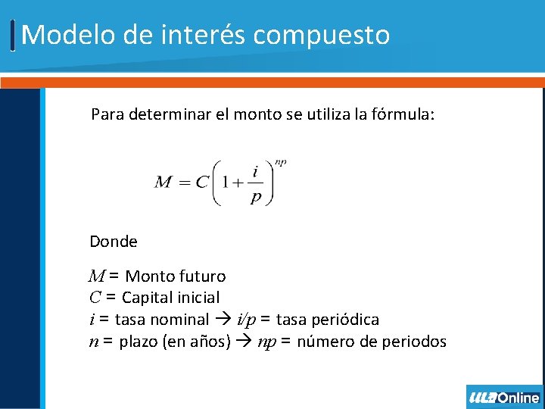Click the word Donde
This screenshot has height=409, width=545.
pyautogui.click(x=114, y=242)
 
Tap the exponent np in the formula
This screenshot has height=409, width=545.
pyautogui.click(x=280, y=161)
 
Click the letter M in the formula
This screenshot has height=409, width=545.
pyautogui.click(x=163, y=182)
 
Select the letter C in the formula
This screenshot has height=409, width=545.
pyautogui.click(x=202, y=182)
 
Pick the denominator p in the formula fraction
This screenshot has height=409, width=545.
pyautogui.click(x=257, y=196)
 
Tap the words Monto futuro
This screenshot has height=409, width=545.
pyautogui.click(x=175, y=276)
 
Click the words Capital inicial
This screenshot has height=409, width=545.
pyautogui.click(x=170, y=298)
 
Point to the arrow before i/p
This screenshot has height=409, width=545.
pyautogui.click(x=224, y=320)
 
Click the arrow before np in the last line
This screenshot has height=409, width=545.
pyautogui.click(x=244, y=342)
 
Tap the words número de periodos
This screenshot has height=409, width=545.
pyautogui.click(x=372, y=342)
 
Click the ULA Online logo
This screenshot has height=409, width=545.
pyautogui.click(x=504, y=397)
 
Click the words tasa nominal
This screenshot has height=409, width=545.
pyautogui.click(x=161, y=320)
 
